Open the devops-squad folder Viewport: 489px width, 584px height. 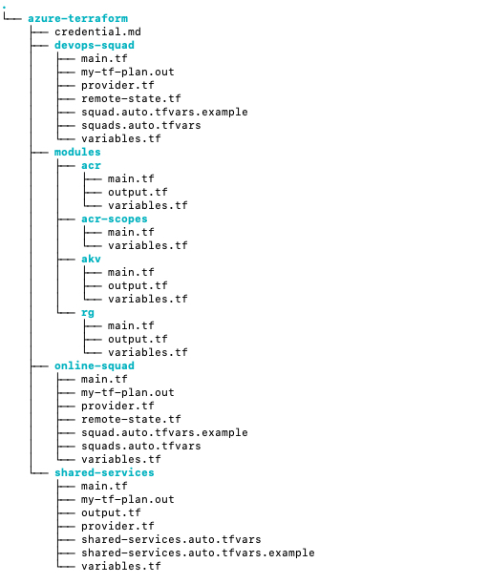tap(95, 45)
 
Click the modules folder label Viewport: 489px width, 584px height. tap(78, 152)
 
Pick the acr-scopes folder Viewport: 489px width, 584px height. tap(115, 219)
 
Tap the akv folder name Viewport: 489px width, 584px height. tap(92, 259)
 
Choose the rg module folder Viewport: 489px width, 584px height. tap(88, 312)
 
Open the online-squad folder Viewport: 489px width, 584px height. tap(95, 365)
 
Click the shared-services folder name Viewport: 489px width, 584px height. tap(104, 472)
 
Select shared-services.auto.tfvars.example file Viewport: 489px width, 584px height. tap(198, 553)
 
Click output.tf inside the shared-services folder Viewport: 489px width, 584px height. tap(111, 512)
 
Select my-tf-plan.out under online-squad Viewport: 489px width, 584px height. tap(128, 392)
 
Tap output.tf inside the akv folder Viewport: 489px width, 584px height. tap(138, 285)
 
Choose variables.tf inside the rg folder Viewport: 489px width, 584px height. tap(148, 352)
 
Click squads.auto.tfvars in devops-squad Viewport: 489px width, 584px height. tap(141, 125)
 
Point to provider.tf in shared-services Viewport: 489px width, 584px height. tap(117, 526)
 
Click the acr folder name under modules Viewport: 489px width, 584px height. tap(92, 165)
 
